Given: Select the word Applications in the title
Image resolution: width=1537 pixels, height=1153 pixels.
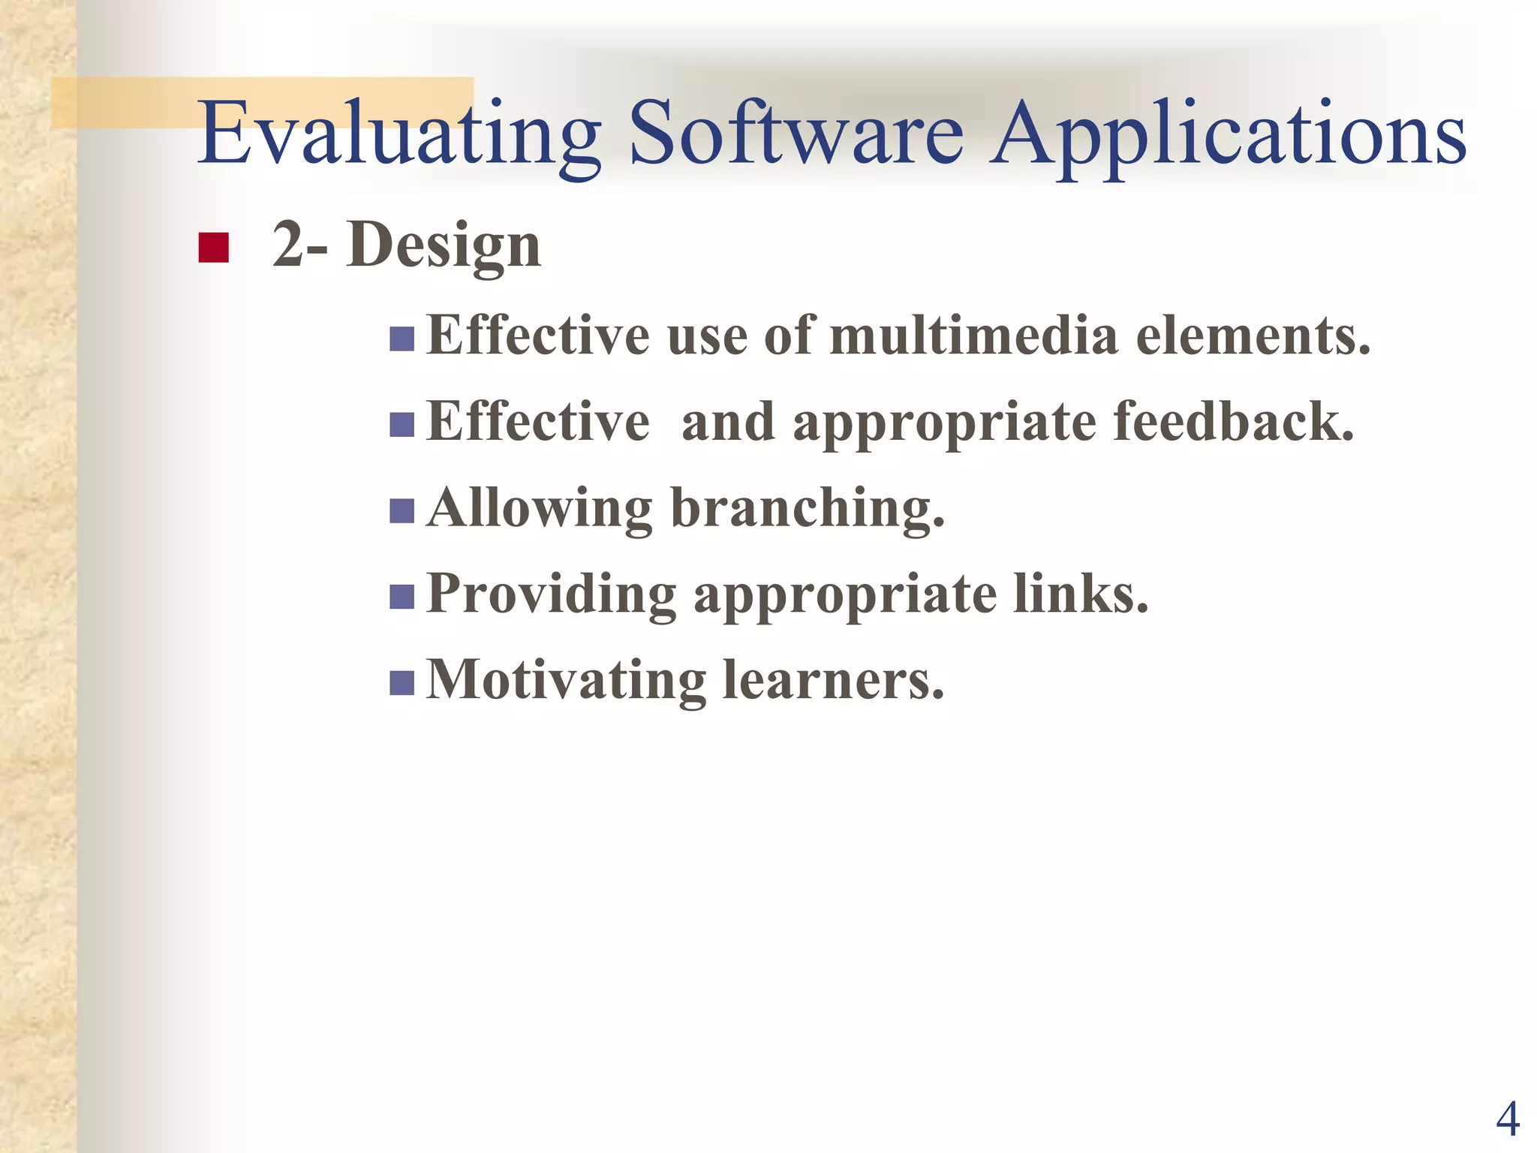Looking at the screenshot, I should click(x=1228, y=135).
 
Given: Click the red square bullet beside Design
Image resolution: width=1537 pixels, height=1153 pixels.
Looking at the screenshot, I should click(x=213, y=248).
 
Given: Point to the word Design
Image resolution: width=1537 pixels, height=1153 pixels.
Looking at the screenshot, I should click(x=444, y=246).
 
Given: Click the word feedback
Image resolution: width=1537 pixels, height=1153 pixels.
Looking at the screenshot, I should click(x=1234, y=422).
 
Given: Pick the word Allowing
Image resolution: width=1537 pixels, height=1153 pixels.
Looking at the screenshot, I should click(x=539, y=509).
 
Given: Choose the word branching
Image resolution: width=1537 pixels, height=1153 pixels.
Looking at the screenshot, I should click(x=808, y=509).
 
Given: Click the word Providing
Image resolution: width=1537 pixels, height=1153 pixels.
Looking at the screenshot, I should click(x=552, y=595).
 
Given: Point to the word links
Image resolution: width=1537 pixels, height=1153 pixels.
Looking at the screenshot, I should click(x=1081, y=594).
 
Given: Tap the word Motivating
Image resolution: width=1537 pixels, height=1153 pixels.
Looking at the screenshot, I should click(x=566, y=680).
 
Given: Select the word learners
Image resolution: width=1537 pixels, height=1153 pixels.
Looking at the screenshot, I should click(x=833, y=680).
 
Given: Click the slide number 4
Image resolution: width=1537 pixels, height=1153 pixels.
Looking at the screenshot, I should click(x=1508, y=1119).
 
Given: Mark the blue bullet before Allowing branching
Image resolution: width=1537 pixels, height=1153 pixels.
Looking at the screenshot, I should click(x=402, y=511).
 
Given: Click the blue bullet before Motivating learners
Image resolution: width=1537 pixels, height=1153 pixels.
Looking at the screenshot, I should click(x=402, y=683).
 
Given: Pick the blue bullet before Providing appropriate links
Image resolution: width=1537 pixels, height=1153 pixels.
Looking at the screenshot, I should click(x=402, y=598).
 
